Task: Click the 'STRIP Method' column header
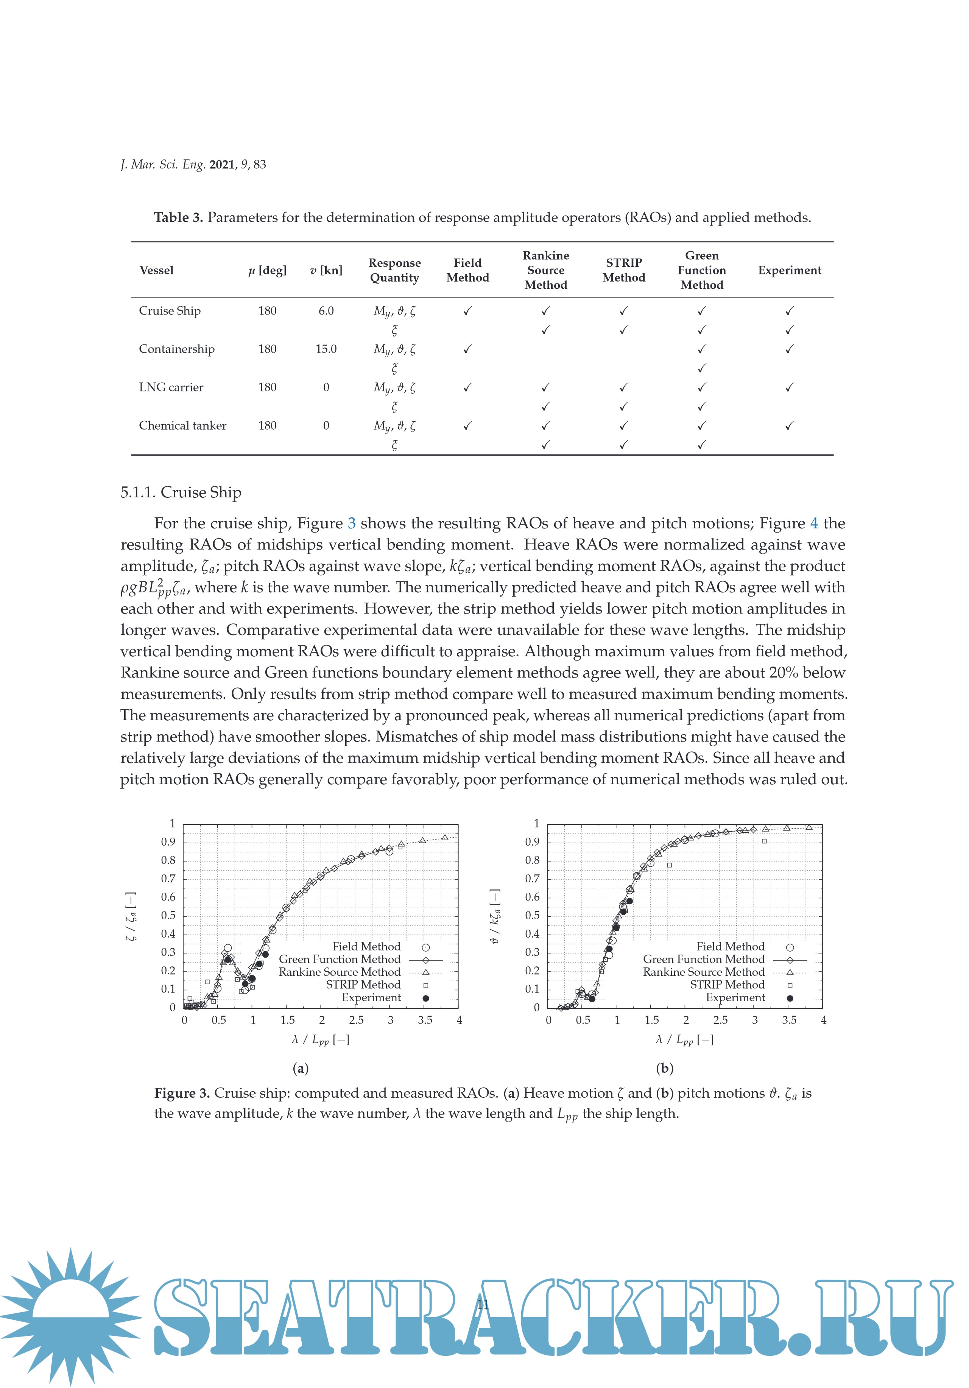623,270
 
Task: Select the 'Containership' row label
176,349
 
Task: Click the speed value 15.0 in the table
326,349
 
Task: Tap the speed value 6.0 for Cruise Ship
326,311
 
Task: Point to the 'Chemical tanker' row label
182,425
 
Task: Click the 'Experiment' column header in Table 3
790,270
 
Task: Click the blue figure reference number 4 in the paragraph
814,523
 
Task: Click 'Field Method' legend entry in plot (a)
366,947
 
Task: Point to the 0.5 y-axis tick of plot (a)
168,915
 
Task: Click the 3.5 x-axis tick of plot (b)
789,1020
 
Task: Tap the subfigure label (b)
664,1068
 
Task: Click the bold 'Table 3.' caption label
178,218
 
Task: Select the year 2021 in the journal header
222,164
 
